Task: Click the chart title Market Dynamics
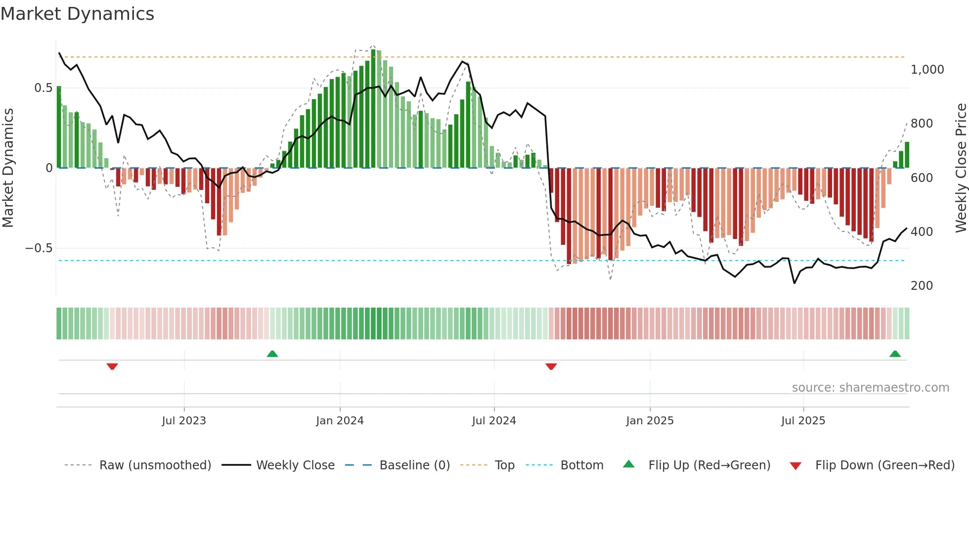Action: (77, 14)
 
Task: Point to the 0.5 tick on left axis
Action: (43, 88)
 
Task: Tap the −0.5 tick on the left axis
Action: (39, 248)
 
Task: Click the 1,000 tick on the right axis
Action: (927, 70)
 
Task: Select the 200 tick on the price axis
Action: (922, 286)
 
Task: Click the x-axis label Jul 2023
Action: (184, 421)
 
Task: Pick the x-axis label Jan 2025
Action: (650, 421)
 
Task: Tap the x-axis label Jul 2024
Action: (494, 421)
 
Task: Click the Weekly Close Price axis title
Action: (961, 168)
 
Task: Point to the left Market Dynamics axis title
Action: (8, 168)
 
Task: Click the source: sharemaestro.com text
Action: (870, 388)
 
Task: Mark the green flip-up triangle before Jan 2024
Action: (272, 354)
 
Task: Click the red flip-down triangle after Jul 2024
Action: (551, 366)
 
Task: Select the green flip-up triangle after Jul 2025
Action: (895, 354)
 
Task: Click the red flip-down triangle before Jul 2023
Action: (112, 366)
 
